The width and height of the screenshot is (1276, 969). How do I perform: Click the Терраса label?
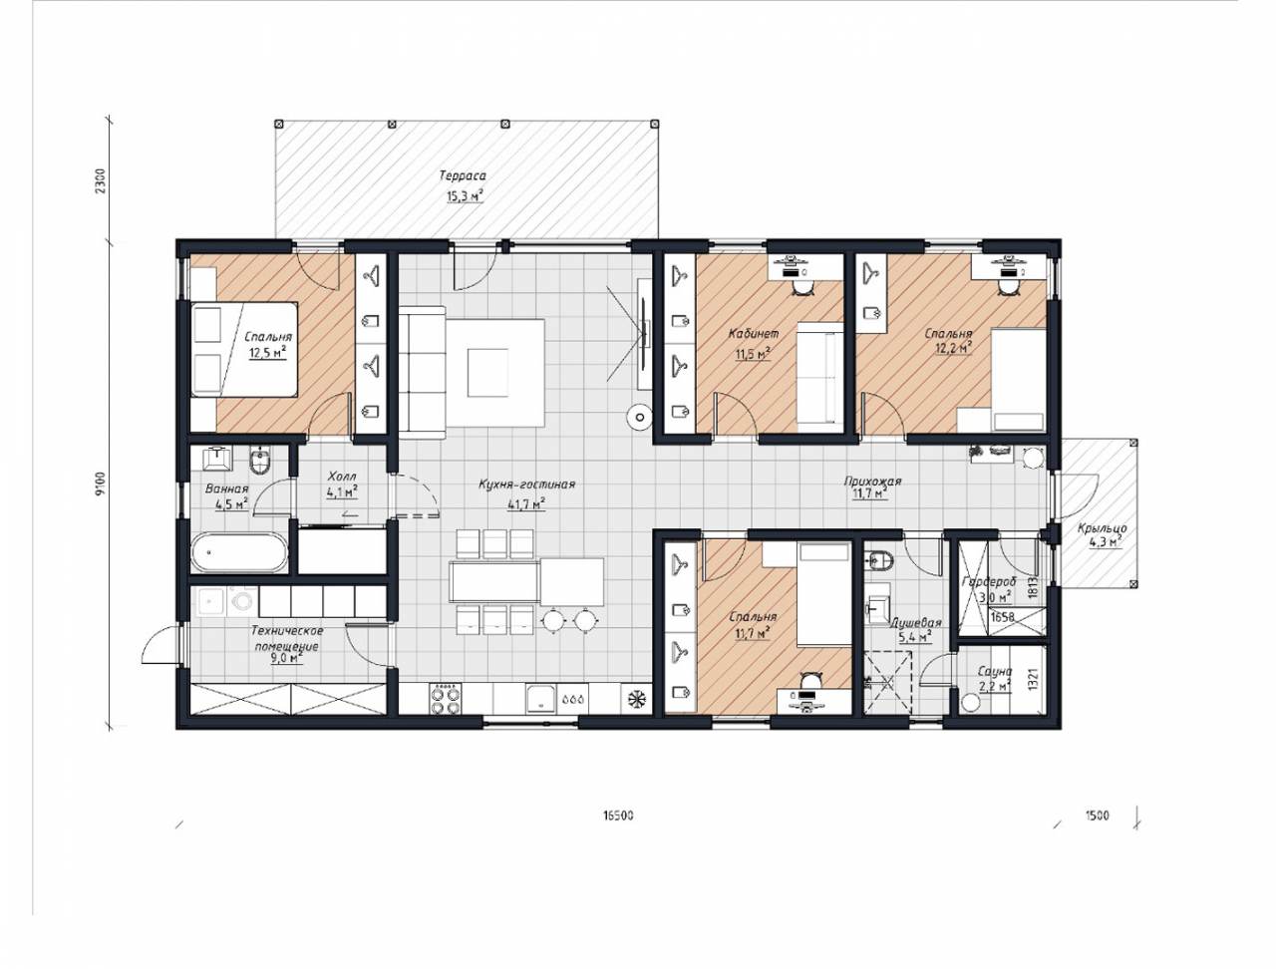[x=463, y=175]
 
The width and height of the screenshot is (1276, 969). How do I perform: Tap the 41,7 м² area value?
[x=526, y=504]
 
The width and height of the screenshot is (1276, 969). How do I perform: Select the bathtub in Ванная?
[x=239, y=553]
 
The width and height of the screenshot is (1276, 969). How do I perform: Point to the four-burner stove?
[x=445, y=698]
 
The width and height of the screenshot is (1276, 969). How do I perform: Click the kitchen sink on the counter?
[x=541, y=698]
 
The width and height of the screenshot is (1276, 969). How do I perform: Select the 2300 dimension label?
[x=101, y=181]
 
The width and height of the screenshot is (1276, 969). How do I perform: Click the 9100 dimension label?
[x=101, y=484]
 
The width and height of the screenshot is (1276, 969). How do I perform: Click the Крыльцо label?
[x=1103, y=528]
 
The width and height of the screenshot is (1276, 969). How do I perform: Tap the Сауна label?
[x=995, y=672]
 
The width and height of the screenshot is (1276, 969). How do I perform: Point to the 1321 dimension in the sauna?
[x=1033, y=679]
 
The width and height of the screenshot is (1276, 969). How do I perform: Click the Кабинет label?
[x=754, y=334]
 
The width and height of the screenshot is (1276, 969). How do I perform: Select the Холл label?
[x=342, y=477]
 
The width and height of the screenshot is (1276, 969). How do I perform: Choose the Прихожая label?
[x=872, y=482]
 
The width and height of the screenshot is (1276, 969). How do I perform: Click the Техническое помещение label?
[x=286, y=638]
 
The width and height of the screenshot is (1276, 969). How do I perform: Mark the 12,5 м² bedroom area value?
[x=268, y=352]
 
